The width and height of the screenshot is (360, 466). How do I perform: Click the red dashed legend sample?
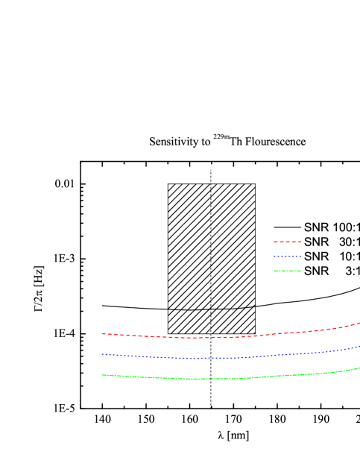(x=287, y=242)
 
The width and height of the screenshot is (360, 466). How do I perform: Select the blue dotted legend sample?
(x=287, y=256)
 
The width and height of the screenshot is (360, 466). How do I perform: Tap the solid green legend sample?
(x=287, y=271)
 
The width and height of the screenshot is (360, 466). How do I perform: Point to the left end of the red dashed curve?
(x=102, y=333)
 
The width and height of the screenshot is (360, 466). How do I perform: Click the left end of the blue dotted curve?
(x=102, y=354)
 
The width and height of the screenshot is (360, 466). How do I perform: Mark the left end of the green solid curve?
(x=102, y=374)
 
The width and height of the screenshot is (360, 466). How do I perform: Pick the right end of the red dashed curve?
(x=359, y=323)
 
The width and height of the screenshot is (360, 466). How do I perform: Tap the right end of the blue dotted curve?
(x=359, y=346)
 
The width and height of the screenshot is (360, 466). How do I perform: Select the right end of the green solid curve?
(x=359, y=368)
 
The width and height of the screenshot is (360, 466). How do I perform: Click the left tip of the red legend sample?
(x=274, y=242)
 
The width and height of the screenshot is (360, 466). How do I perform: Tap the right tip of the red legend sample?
(x=300, y=242)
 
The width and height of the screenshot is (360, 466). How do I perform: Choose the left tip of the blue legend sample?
(x=274, y=256)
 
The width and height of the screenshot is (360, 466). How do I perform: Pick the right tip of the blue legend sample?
(x=300, y=256)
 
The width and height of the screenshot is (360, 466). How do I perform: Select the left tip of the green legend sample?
(x=274, y=271)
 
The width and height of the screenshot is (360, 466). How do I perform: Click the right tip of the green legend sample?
(x=300, y=271)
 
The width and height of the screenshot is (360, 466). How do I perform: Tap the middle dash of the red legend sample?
(x=288, y=242)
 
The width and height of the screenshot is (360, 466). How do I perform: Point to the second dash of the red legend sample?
(x=282, y=242)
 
